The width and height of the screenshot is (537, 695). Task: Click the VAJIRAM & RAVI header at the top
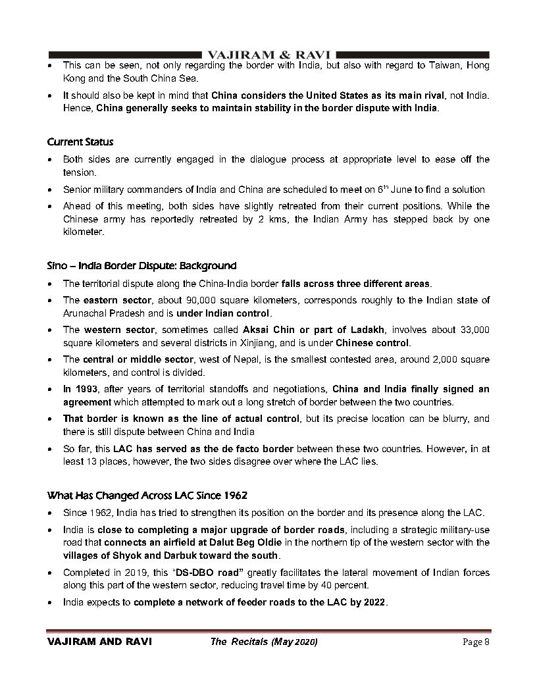coord(269,53)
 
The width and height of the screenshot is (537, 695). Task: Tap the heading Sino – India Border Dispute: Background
coord(141,266)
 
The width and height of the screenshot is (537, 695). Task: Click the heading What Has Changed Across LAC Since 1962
coord(147,495)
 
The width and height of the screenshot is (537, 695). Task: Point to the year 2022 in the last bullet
coord(374,602)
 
